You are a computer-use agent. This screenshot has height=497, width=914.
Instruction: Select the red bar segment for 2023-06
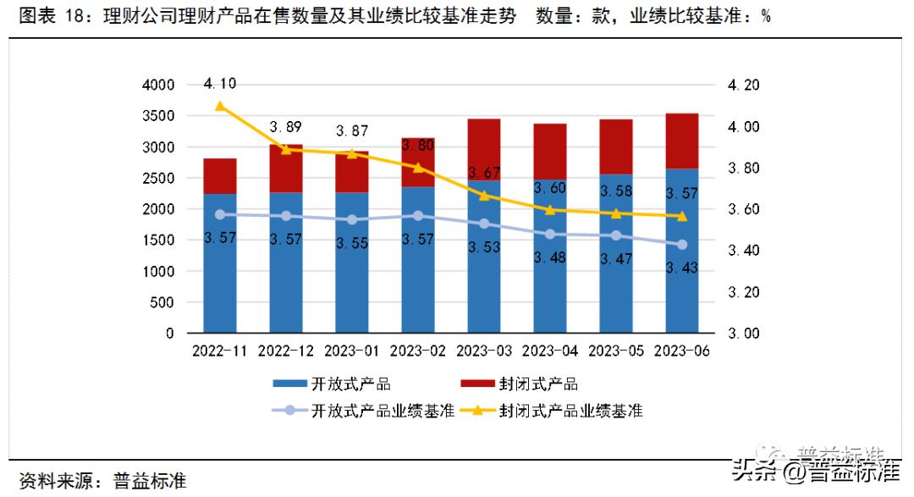pyautogui.click(x=682, y=141)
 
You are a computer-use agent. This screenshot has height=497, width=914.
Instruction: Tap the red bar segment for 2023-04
pyautogui.click(x=550, y=151)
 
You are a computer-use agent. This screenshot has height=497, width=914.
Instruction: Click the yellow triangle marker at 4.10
pyautogui.click(x=220, y=106)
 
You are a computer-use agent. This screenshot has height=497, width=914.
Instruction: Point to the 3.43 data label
pyautogui.click(x=682, y=268)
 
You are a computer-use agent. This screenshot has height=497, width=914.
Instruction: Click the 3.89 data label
pyautogui.click(x=286, y=127)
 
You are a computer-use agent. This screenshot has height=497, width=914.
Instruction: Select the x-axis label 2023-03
pyautogui.click(x=484, y=350)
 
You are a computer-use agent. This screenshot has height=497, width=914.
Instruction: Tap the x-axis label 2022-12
pyautogui.click(x=286, y=350)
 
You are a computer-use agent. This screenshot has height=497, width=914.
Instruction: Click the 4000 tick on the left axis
pyautogui.click(x=157, y=86)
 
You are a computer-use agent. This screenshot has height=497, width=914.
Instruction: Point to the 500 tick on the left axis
pyautogui.click(x=162, y=302)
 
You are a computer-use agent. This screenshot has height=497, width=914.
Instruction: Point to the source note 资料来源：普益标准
pyautogui.click(x=102, y=481)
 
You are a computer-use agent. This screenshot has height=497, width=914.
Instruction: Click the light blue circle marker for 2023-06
pyautogui.click(x=682, y=245)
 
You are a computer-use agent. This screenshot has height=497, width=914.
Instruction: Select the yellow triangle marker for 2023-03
pyautogui.click(x=484, y=196)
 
